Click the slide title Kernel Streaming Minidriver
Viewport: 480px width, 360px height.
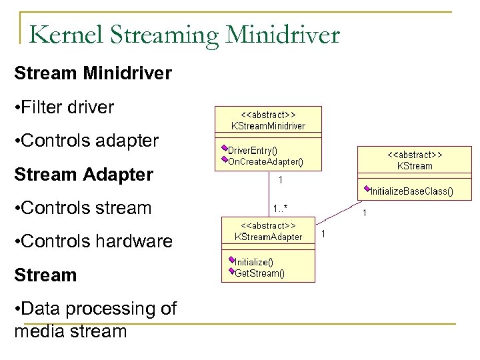184,34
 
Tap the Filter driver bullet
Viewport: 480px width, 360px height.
64,106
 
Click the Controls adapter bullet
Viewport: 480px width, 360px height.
86,141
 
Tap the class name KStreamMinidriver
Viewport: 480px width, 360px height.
267,125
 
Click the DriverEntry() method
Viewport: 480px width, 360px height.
253,151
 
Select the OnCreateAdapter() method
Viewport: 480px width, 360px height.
265,161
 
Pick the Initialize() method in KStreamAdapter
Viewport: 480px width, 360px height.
254,261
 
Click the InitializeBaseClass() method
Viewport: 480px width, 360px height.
411,191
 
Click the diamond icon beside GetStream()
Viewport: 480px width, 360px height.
231,271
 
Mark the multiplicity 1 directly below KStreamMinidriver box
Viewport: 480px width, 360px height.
281,179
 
